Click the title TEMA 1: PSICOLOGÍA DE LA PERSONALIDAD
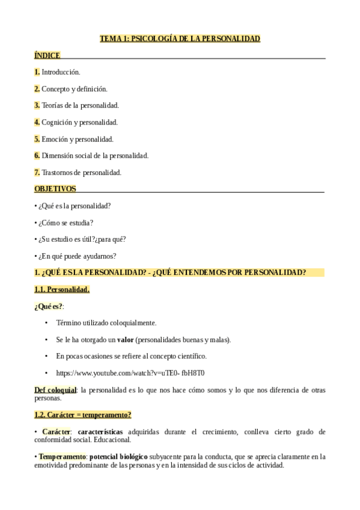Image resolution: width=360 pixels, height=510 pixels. [180, 38]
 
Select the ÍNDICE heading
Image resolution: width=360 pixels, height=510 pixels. [47, 55]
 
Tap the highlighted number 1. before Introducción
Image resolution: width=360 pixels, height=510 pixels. [37, 72]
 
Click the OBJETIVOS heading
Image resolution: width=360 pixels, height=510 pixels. [55, 188]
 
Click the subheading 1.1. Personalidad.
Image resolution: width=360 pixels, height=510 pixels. [62, 289]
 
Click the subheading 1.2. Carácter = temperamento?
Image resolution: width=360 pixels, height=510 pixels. [83, 414]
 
